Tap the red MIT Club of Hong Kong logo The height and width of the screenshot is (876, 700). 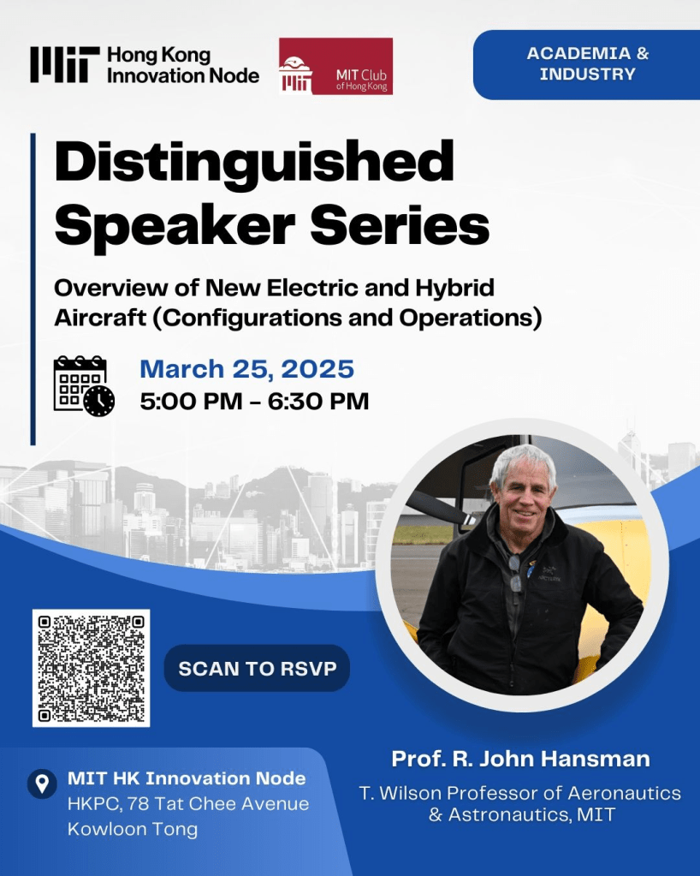pos(335,66)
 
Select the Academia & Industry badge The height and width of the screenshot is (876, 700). pos(587,64)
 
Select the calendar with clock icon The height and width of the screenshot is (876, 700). pos(84,386)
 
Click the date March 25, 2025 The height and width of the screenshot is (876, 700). pos(246,369)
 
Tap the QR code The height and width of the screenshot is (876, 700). pos(91,668)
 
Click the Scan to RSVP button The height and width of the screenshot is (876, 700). pos(257,668)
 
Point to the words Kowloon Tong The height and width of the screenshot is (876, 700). pos(133,829)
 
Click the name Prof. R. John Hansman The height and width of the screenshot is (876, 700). pos(520,759)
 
